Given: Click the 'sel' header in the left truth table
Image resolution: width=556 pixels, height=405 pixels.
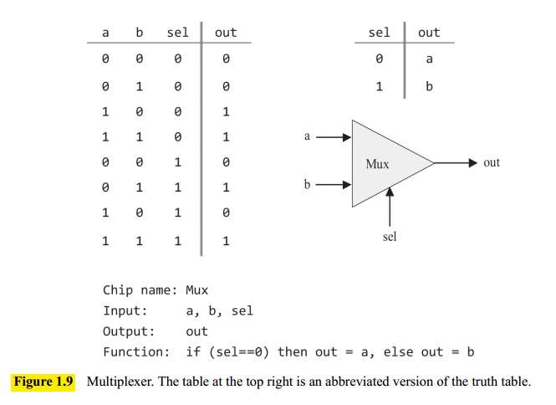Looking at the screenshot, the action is (177, 33).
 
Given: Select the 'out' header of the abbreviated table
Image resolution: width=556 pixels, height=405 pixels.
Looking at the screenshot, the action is (429, 33).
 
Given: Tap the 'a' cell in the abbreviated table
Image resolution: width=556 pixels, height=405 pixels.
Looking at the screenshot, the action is (429, 59).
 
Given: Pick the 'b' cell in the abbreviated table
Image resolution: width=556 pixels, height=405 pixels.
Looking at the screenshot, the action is (429, 86).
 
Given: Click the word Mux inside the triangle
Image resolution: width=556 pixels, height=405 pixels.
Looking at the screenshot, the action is (377, 164).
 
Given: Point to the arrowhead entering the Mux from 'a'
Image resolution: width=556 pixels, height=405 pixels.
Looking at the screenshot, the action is (347, 137).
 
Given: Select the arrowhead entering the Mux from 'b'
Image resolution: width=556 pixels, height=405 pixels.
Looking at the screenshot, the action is (347, 185).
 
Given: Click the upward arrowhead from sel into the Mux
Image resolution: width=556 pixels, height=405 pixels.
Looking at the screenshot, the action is (390, 192).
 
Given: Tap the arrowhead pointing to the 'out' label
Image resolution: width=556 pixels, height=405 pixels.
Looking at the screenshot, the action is (473, 163).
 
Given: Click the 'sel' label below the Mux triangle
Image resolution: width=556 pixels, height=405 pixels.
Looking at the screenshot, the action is (390, 237).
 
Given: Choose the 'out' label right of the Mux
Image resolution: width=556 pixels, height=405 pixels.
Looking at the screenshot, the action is (492, 162).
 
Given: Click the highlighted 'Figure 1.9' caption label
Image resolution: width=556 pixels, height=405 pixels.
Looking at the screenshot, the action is (43, 382).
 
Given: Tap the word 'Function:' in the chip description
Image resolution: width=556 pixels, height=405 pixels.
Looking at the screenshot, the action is (136, 352).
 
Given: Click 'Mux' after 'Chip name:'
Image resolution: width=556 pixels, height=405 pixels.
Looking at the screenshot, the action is (196, 290).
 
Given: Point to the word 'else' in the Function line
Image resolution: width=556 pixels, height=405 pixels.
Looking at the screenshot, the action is (399, 352).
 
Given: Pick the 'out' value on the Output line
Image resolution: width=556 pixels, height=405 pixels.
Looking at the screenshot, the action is (196, 331).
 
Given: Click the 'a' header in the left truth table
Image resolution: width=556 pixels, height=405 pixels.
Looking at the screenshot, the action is (105, 33).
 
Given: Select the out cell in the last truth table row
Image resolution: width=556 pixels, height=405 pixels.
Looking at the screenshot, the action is (226, 241).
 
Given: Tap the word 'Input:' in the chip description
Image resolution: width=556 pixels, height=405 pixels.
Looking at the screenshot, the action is (125, 311).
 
